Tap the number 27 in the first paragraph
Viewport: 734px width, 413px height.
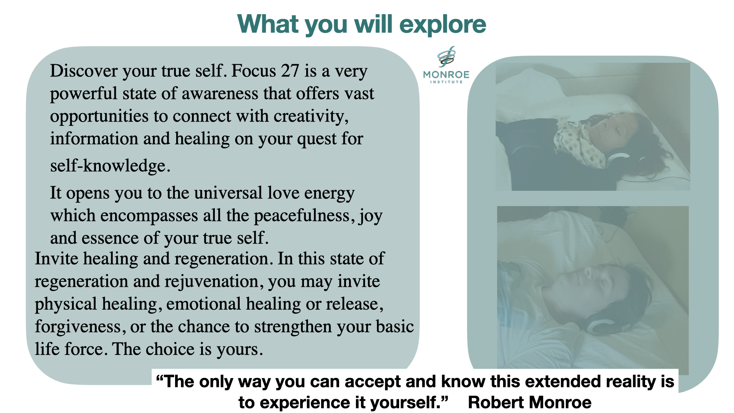[x=290, y=71]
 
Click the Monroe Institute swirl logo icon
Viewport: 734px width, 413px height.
[x=446, y=57]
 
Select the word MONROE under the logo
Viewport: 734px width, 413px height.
[x=446, y=75]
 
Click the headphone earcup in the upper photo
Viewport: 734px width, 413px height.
[x=616, y=160]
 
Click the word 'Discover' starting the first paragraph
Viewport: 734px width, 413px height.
[x=84, y=71]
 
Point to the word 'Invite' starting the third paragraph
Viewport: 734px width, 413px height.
[x=57, y=259]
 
